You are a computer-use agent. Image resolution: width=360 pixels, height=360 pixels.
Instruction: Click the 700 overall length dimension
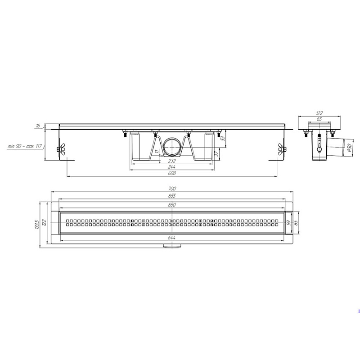click(172, 189)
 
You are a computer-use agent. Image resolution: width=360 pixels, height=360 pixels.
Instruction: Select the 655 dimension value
click(172, 196)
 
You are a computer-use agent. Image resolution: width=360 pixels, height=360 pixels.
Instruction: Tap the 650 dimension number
click(172, 205)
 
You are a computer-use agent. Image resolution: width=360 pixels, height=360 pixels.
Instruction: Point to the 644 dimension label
click(172, 238)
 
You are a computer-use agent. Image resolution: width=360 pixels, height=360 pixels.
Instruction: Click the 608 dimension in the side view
click(172, 173)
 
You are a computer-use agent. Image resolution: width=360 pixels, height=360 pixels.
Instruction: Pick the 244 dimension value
click(172, 167)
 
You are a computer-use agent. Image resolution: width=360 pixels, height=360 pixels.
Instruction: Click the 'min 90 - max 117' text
click(25, 146)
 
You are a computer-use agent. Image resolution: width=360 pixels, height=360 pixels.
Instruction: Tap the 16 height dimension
click(38, 126)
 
